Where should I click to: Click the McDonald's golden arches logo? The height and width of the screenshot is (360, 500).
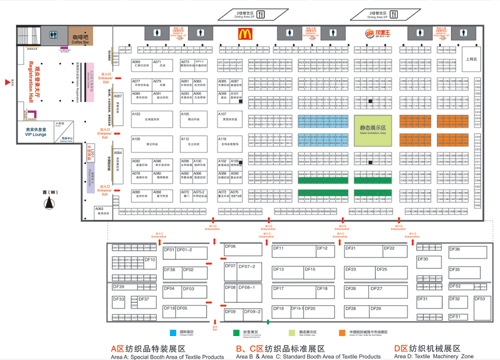pos(243,33)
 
